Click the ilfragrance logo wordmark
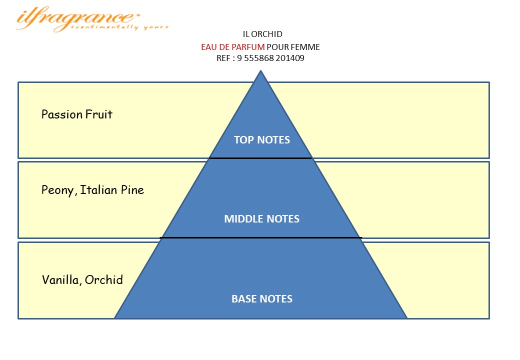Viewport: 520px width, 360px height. coord(78,18)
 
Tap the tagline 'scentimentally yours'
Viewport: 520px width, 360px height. coord(119,27)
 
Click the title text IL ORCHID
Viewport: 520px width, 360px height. coord(262,34)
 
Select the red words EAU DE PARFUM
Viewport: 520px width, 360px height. coord(233,47)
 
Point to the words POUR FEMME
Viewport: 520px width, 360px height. coord(293,47)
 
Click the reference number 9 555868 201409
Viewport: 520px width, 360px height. coord(270,58)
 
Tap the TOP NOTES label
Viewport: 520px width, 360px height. coord(261,140)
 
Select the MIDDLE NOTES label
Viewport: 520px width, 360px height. coord(261,219)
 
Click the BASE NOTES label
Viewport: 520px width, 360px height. coord(261,298)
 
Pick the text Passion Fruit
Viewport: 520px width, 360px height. coord(77,114)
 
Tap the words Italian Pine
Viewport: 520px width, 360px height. coord(112,190)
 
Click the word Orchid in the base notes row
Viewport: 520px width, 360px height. coord(104,280)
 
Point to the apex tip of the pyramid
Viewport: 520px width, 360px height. coord(260,70)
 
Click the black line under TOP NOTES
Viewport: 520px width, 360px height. coord(260,158)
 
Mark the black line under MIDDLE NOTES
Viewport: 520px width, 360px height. coord(260,237)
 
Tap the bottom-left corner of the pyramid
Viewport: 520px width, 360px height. coord(114,318)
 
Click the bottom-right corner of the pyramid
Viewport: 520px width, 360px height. coord(406,318)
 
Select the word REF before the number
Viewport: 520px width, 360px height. coord(223,58)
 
